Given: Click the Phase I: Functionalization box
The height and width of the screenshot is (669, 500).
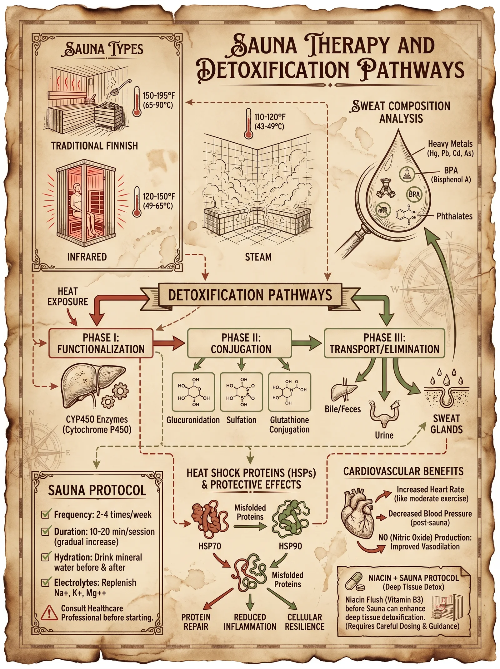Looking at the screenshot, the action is point(101,343).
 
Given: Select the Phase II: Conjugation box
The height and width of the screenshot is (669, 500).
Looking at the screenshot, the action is point(239,343).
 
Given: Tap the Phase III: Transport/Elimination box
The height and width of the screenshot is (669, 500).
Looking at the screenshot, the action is point(384,343).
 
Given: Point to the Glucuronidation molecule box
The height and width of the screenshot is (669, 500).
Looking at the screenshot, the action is point(193,392).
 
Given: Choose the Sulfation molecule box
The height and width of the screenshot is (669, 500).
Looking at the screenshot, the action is point(241,392).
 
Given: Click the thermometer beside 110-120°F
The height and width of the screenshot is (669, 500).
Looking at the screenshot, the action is point(248,124).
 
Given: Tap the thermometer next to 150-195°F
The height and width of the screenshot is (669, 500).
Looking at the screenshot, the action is point(137,102).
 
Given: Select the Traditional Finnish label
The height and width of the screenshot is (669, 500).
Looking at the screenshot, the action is point(94,146).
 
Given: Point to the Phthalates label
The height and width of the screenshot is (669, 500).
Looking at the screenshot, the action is point(454,216).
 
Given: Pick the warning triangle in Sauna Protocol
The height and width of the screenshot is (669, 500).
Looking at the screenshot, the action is point(49,613).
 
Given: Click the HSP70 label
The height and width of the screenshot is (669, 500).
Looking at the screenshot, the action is point(210,546).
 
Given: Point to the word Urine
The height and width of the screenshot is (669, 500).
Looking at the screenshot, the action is point(384,435).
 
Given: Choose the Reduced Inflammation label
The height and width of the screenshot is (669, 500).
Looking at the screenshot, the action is point(250,622).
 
